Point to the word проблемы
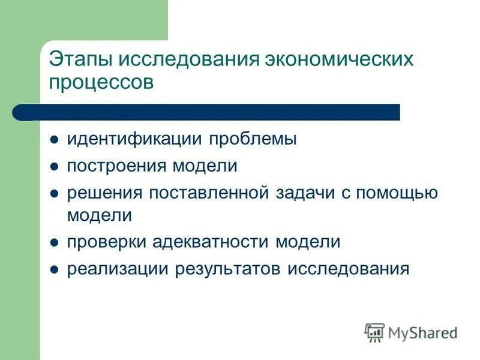[253, 140]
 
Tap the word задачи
[306, 193]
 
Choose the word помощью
[397, 193]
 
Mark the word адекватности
[207, 242]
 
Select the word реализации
[117, 269]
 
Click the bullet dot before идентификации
[54, 140]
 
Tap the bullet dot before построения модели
[54, 167]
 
